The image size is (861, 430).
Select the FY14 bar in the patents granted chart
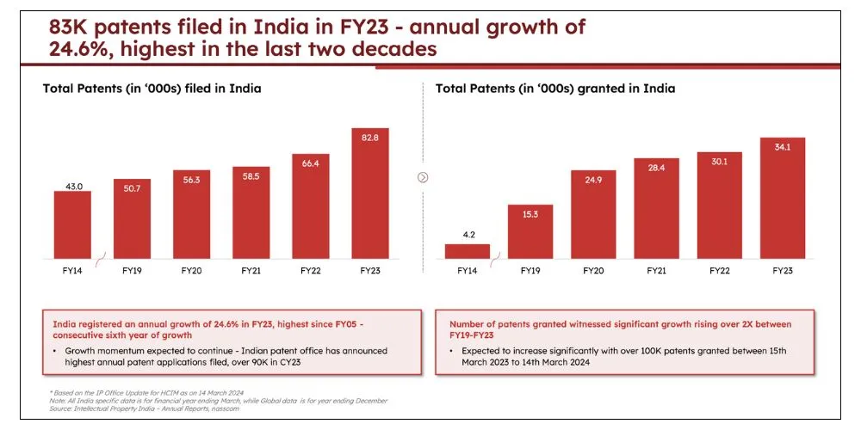point(468,251)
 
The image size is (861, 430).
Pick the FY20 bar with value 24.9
point(593,214)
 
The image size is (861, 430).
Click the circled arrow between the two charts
point(423,177)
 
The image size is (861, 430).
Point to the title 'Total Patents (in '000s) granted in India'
point(555,89)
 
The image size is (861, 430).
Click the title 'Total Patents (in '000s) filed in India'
point(152,89)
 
